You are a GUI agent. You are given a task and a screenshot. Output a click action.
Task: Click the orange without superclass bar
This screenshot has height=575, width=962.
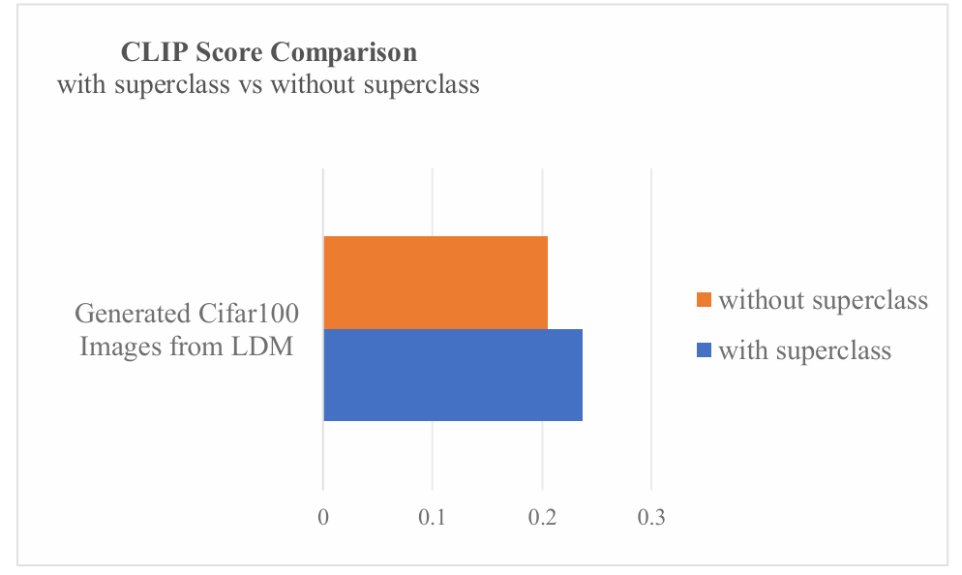(x=436, y=282)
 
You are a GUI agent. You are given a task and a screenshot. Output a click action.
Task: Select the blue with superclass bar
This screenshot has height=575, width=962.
(x=453, y=375)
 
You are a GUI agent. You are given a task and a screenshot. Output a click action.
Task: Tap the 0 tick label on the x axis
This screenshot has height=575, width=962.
(x=322, y=518)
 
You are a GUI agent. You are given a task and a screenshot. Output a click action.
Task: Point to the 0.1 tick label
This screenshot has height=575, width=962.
(x=432, y=518)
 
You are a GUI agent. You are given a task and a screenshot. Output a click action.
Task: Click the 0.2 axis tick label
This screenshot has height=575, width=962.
(x=542, y=518)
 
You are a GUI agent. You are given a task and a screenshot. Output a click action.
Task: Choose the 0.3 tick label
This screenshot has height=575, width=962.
(x=651, y=518)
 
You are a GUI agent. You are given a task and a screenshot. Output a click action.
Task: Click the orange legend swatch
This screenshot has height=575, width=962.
(x=703, y=300)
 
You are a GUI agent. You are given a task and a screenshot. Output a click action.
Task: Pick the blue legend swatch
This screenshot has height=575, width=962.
(x=703, y=349)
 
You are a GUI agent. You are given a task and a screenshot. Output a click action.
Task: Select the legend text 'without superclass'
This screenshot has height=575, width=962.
(x=823, y=300)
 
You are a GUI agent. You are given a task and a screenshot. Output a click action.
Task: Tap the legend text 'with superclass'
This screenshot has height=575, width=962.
(x=804, y=349)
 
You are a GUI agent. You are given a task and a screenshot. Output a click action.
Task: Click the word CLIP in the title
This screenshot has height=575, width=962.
(x=146, y=51)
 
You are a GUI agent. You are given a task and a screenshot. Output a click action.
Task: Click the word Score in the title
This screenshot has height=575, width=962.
(x=225, y=51)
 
